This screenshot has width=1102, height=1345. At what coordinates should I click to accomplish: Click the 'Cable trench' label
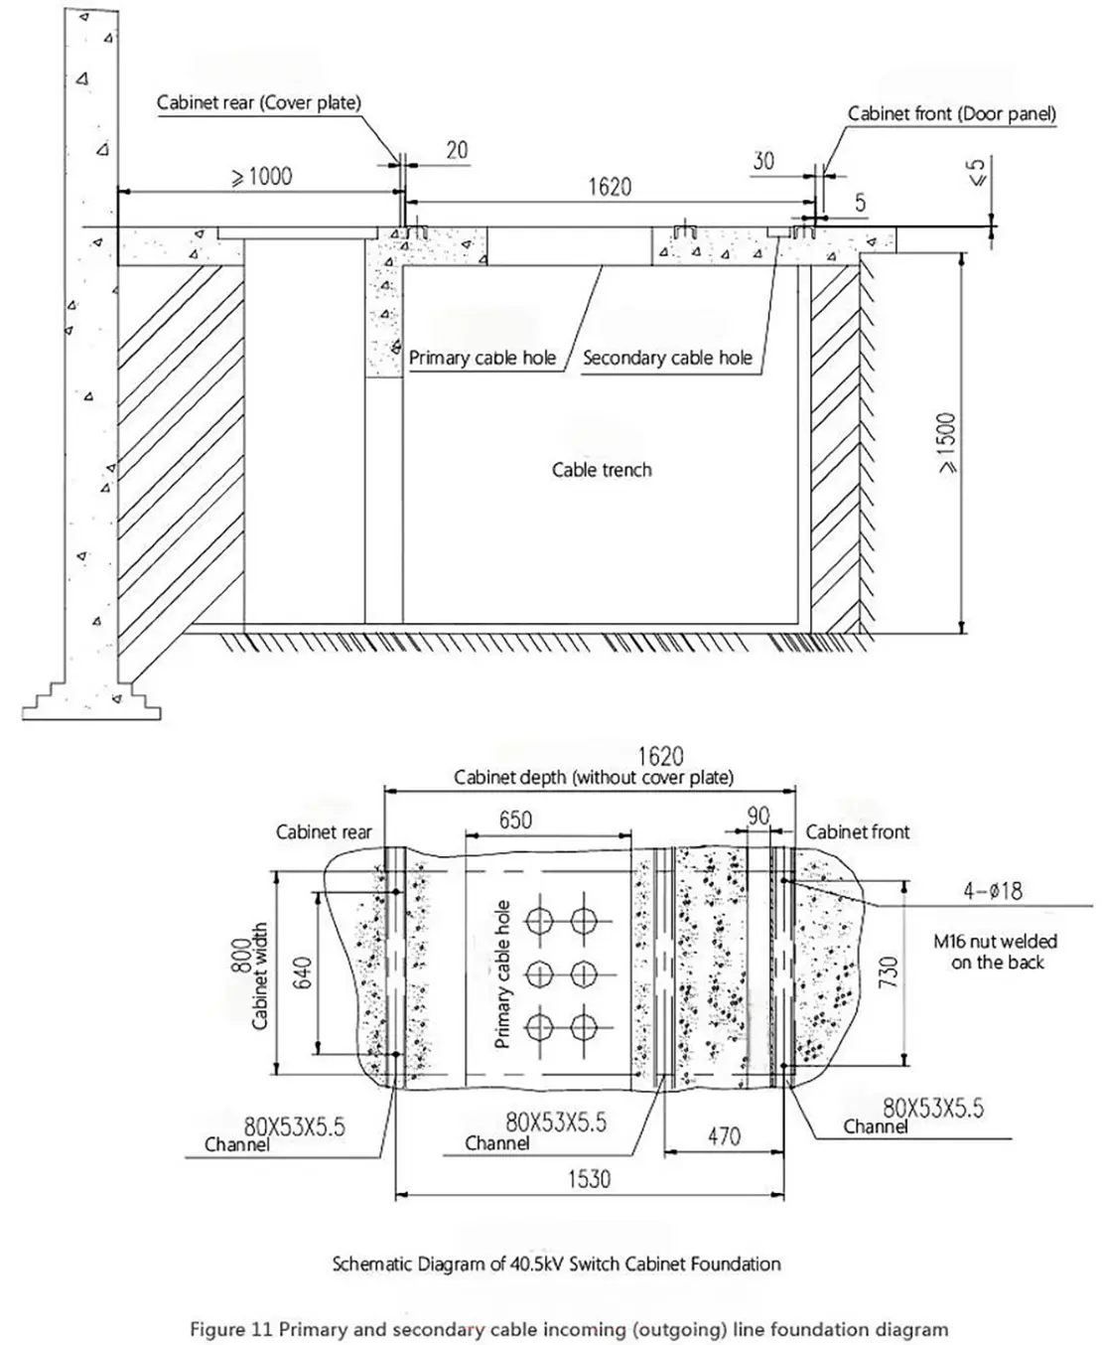pyautogui.click(x=602, y=470)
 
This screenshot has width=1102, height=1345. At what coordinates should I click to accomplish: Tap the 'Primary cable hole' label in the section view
pyautogui.click(x=482, y=358)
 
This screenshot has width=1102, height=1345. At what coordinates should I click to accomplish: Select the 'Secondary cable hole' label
pyautogui.click(x=667, y=358)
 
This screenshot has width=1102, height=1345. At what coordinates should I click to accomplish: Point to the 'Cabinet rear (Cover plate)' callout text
pyautogui.click(x=259, y=102)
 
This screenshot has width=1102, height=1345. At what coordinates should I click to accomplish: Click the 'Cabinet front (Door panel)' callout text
pyautogui.click(x=951, y=113)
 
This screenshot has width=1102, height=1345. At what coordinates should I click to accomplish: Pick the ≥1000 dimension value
pyautogui.click(x=262, y=177)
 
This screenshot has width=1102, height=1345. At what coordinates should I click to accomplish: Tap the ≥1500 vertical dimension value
pyautogui.click(x=948, y=443)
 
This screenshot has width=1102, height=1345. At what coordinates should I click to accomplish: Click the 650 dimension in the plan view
pyautogui.click(x=515, y=820)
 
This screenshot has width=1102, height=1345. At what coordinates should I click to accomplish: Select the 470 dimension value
pyautogui.click(x=724, y=1135)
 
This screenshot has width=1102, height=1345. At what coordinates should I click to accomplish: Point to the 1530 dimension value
pyautogui.click(x=590, y=1178)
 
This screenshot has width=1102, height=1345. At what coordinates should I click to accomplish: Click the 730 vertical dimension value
pyautogui.click(x=890, y=971)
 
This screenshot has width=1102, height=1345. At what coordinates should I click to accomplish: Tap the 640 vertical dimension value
pyautogui.click(x=305, y=972)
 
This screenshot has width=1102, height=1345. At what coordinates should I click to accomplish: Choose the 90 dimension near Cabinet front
pyautogui.click(x=758, y=816)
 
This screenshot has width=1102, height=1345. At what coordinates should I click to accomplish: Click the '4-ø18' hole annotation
pyautogui.click(x=993, y=890)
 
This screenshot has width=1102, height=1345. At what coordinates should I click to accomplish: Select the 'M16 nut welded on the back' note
pyautogui.click(x=996, y=952)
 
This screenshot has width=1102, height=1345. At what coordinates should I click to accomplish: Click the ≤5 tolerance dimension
pyautogui.click(x=978, y=172)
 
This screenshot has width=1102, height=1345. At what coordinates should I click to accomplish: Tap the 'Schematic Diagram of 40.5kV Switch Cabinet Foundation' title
pyautogui.click(x=556, y=1264)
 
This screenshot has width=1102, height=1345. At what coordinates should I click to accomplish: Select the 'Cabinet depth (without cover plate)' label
pyautogui.click(x=594, y=778)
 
